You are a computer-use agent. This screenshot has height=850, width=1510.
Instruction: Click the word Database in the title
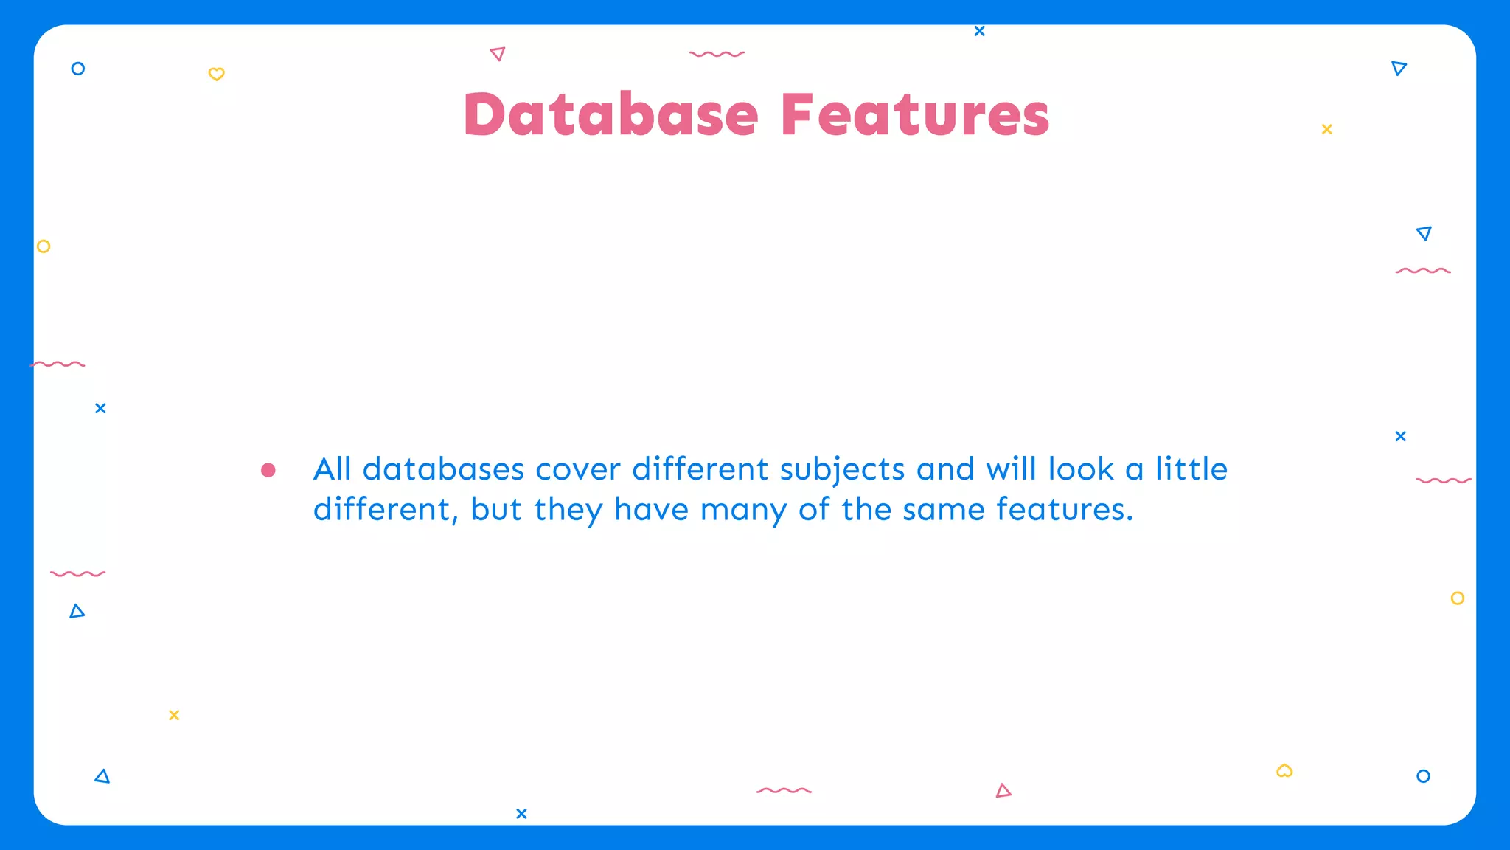(611, 115)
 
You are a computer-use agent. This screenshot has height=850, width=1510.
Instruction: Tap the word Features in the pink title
(915, 115)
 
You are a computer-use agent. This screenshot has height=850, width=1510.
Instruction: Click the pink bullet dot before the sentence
(268, 470)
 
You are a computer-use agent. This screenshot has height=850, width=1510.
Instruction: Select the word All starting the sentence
(332, 469)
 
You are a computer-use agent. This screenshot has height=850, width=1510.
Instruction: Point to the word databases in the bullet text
(443, 469)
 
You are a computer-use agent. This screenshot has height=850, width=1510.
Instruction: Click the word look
(1080, 469)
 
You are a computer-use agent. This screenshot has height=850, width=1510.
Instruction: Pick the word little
(1191, 469)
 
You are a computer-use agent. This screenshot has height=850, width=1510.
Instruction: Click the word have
(651, 510)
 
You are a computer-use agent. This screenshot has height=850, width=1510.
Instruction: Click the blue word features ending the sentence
(1060, 509)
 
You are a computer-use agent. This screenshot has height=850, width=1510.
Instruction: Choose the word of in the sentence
(813, 509)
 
